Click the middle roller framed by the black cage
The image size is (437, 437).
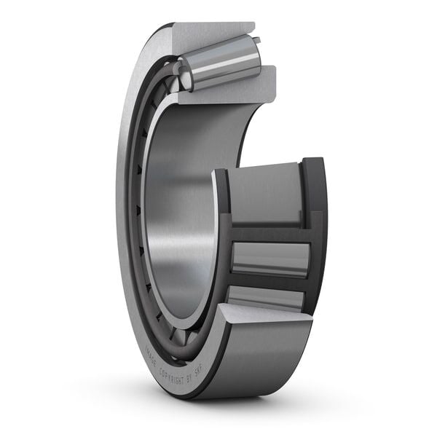(269, 258)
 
